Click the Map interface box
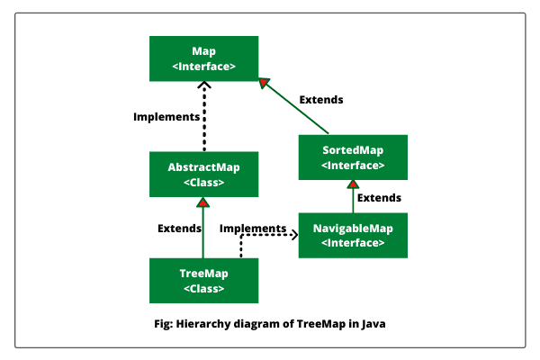tap(203, 58)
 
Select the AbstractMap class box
tap(203, 174)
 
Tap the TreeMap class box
tap(203, 280)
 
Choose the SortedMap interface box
tap(353, 157)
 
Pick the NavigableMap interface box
tap(353, 235)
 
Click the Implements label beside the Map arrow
tap(166, 117)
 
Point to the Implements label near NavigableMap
tap(253, 229)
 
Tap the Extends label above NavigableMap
tap(379, 197)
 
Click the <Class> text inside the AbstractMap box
tap(203, 183)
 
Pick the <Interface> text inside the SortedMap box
tap(353, 166)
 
